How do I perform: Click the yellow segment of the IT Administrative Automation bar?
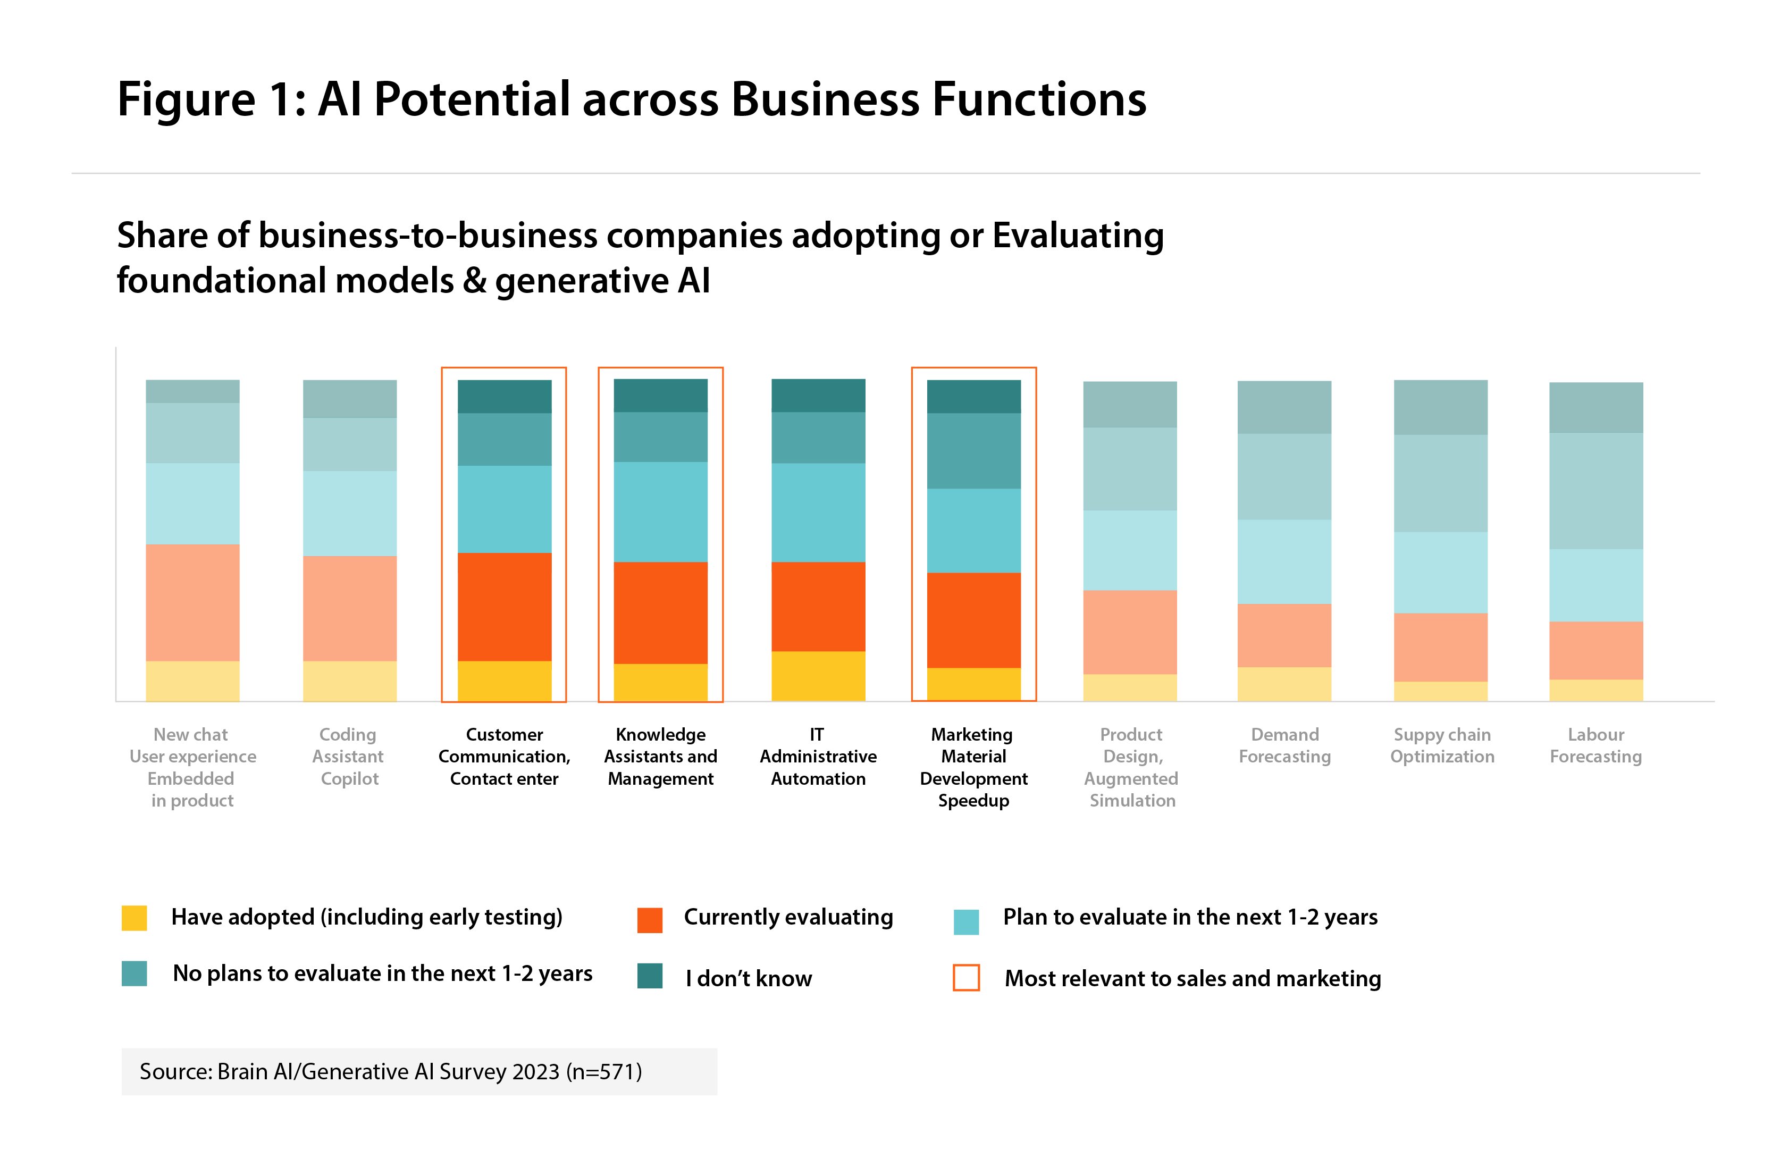point(818,675)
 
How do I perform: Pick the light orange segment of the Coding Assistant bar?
point(349,608)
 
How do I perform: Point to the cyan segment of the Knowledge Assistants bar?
point(660,511)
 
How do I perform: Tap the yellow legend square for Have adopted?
point(134,918)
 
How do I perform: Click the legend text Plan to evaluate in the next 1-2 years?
point(1190,917)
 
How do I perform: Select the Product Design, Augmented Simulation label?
point(1131,767)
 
